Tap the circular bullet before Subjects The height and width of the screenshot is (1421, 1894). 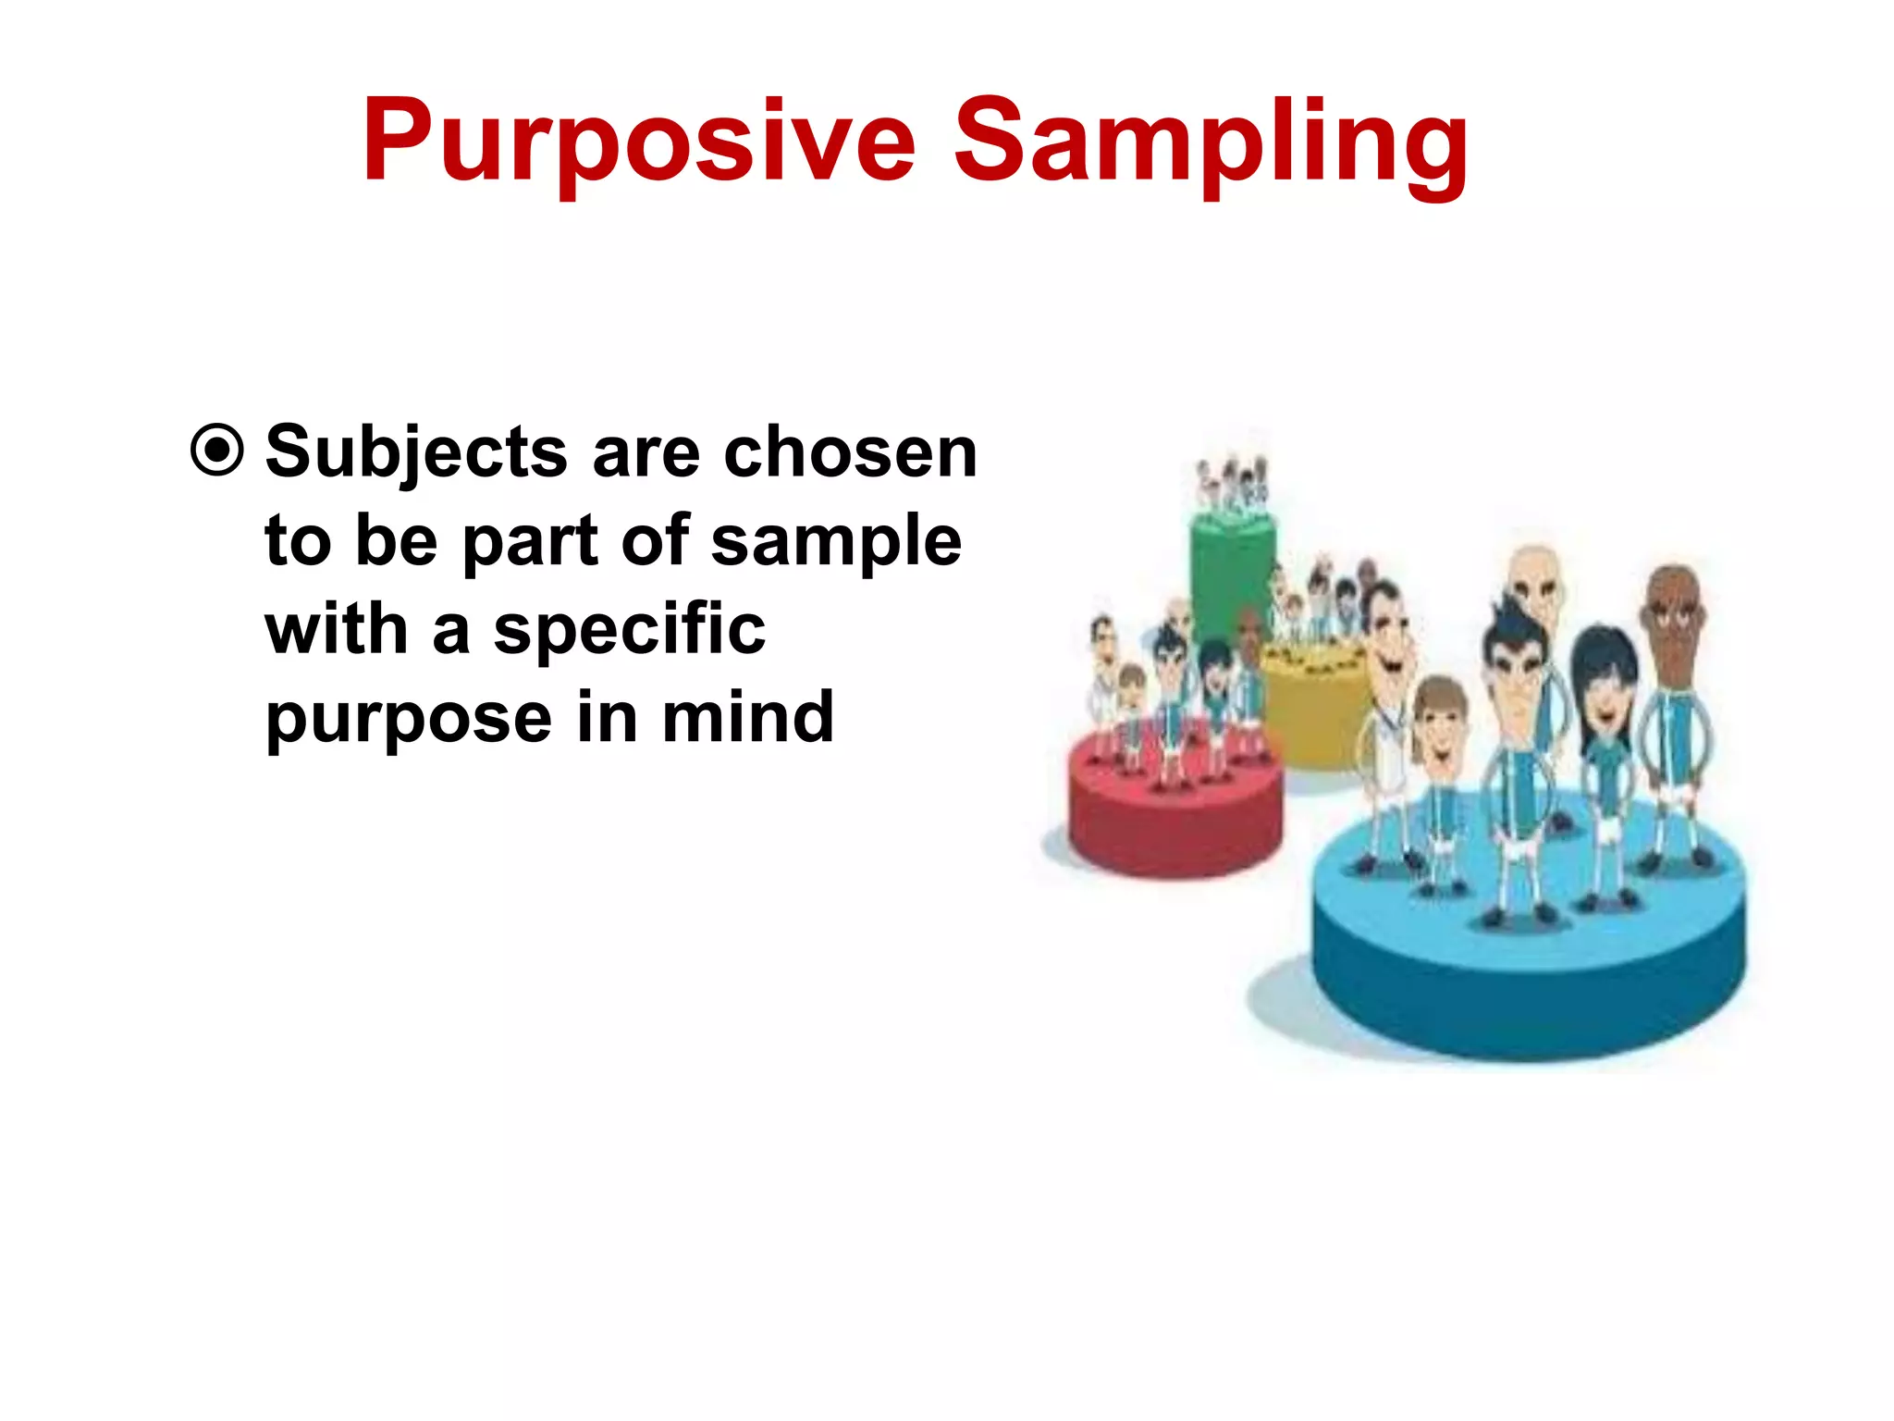pos(217,451)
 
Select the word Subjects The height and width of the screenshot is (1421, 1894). pos(416,453)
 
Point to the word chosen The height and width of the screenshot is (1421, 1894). pos(850,452)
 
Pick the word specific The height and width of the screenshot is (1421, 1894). pos(629,631)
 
